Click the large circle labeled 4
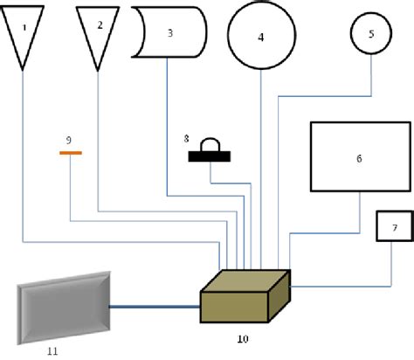[260, 38]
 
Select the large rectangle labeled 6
[358, 158]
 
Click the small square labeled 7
[394, 227]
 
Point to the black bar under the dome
[210, 157]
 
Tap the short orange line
[70, 153]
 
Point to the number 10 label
[242, 337]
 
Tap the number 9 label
[70, 139]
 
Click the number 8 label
[185, 137]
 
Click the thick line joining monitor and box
[155, 307]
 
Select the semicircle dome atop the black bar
[210, 145]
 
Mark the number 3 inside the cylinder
[170, 33]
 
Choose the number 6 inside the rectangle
[358, 159]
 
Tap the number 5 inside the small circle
[371, 34]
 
